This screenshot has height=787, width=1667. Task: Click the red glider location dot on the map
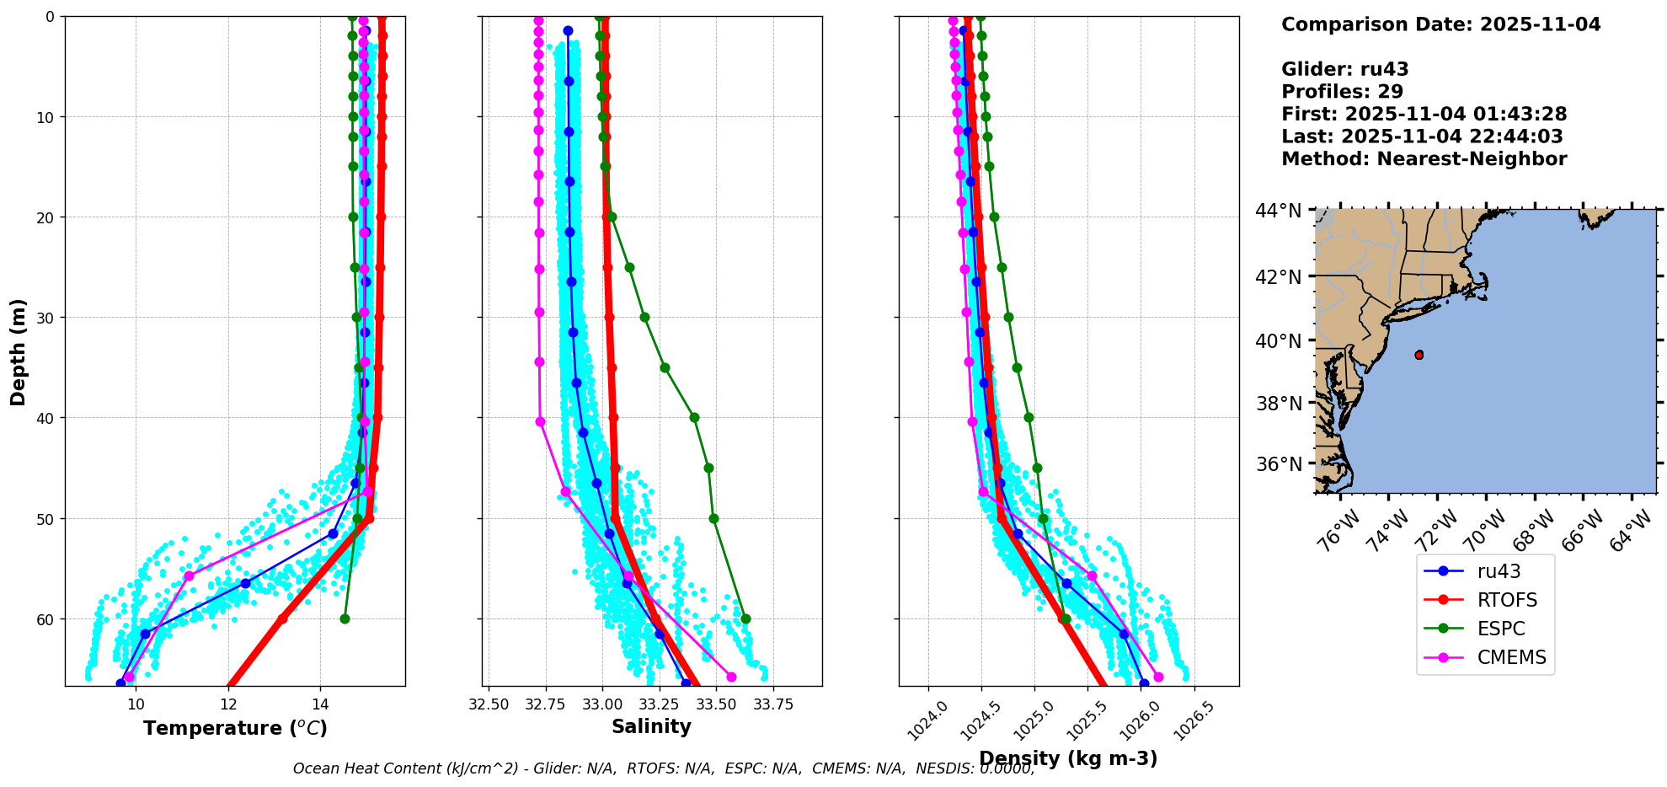point(1419,355)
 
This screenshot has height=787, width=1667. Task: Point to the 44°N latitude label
point(1278,211)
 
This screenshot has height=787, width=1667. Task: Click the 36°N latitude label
point(1278,464)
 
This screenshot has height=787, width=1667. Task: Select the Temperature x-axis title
point(235,728)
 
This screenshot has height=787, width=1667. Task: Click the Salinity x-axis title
point(651,726)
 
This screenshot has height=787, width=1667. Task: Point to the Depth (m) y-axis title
point(19,351)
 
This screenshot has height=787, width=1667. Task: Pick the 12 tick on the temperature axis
point(228,704)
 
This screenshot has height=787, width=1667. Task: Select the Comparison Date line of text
point(1440,24)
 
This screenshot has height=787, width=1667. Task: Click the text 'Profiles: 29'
point(1342,92)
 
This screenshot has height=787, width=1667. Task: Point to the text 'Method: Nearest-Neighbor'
point(1424,159)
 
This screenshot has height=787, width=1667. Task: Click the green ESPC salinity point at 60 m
point(745,619)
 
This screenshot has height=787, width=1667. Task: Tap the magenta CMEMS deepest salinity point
point(731,677)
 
